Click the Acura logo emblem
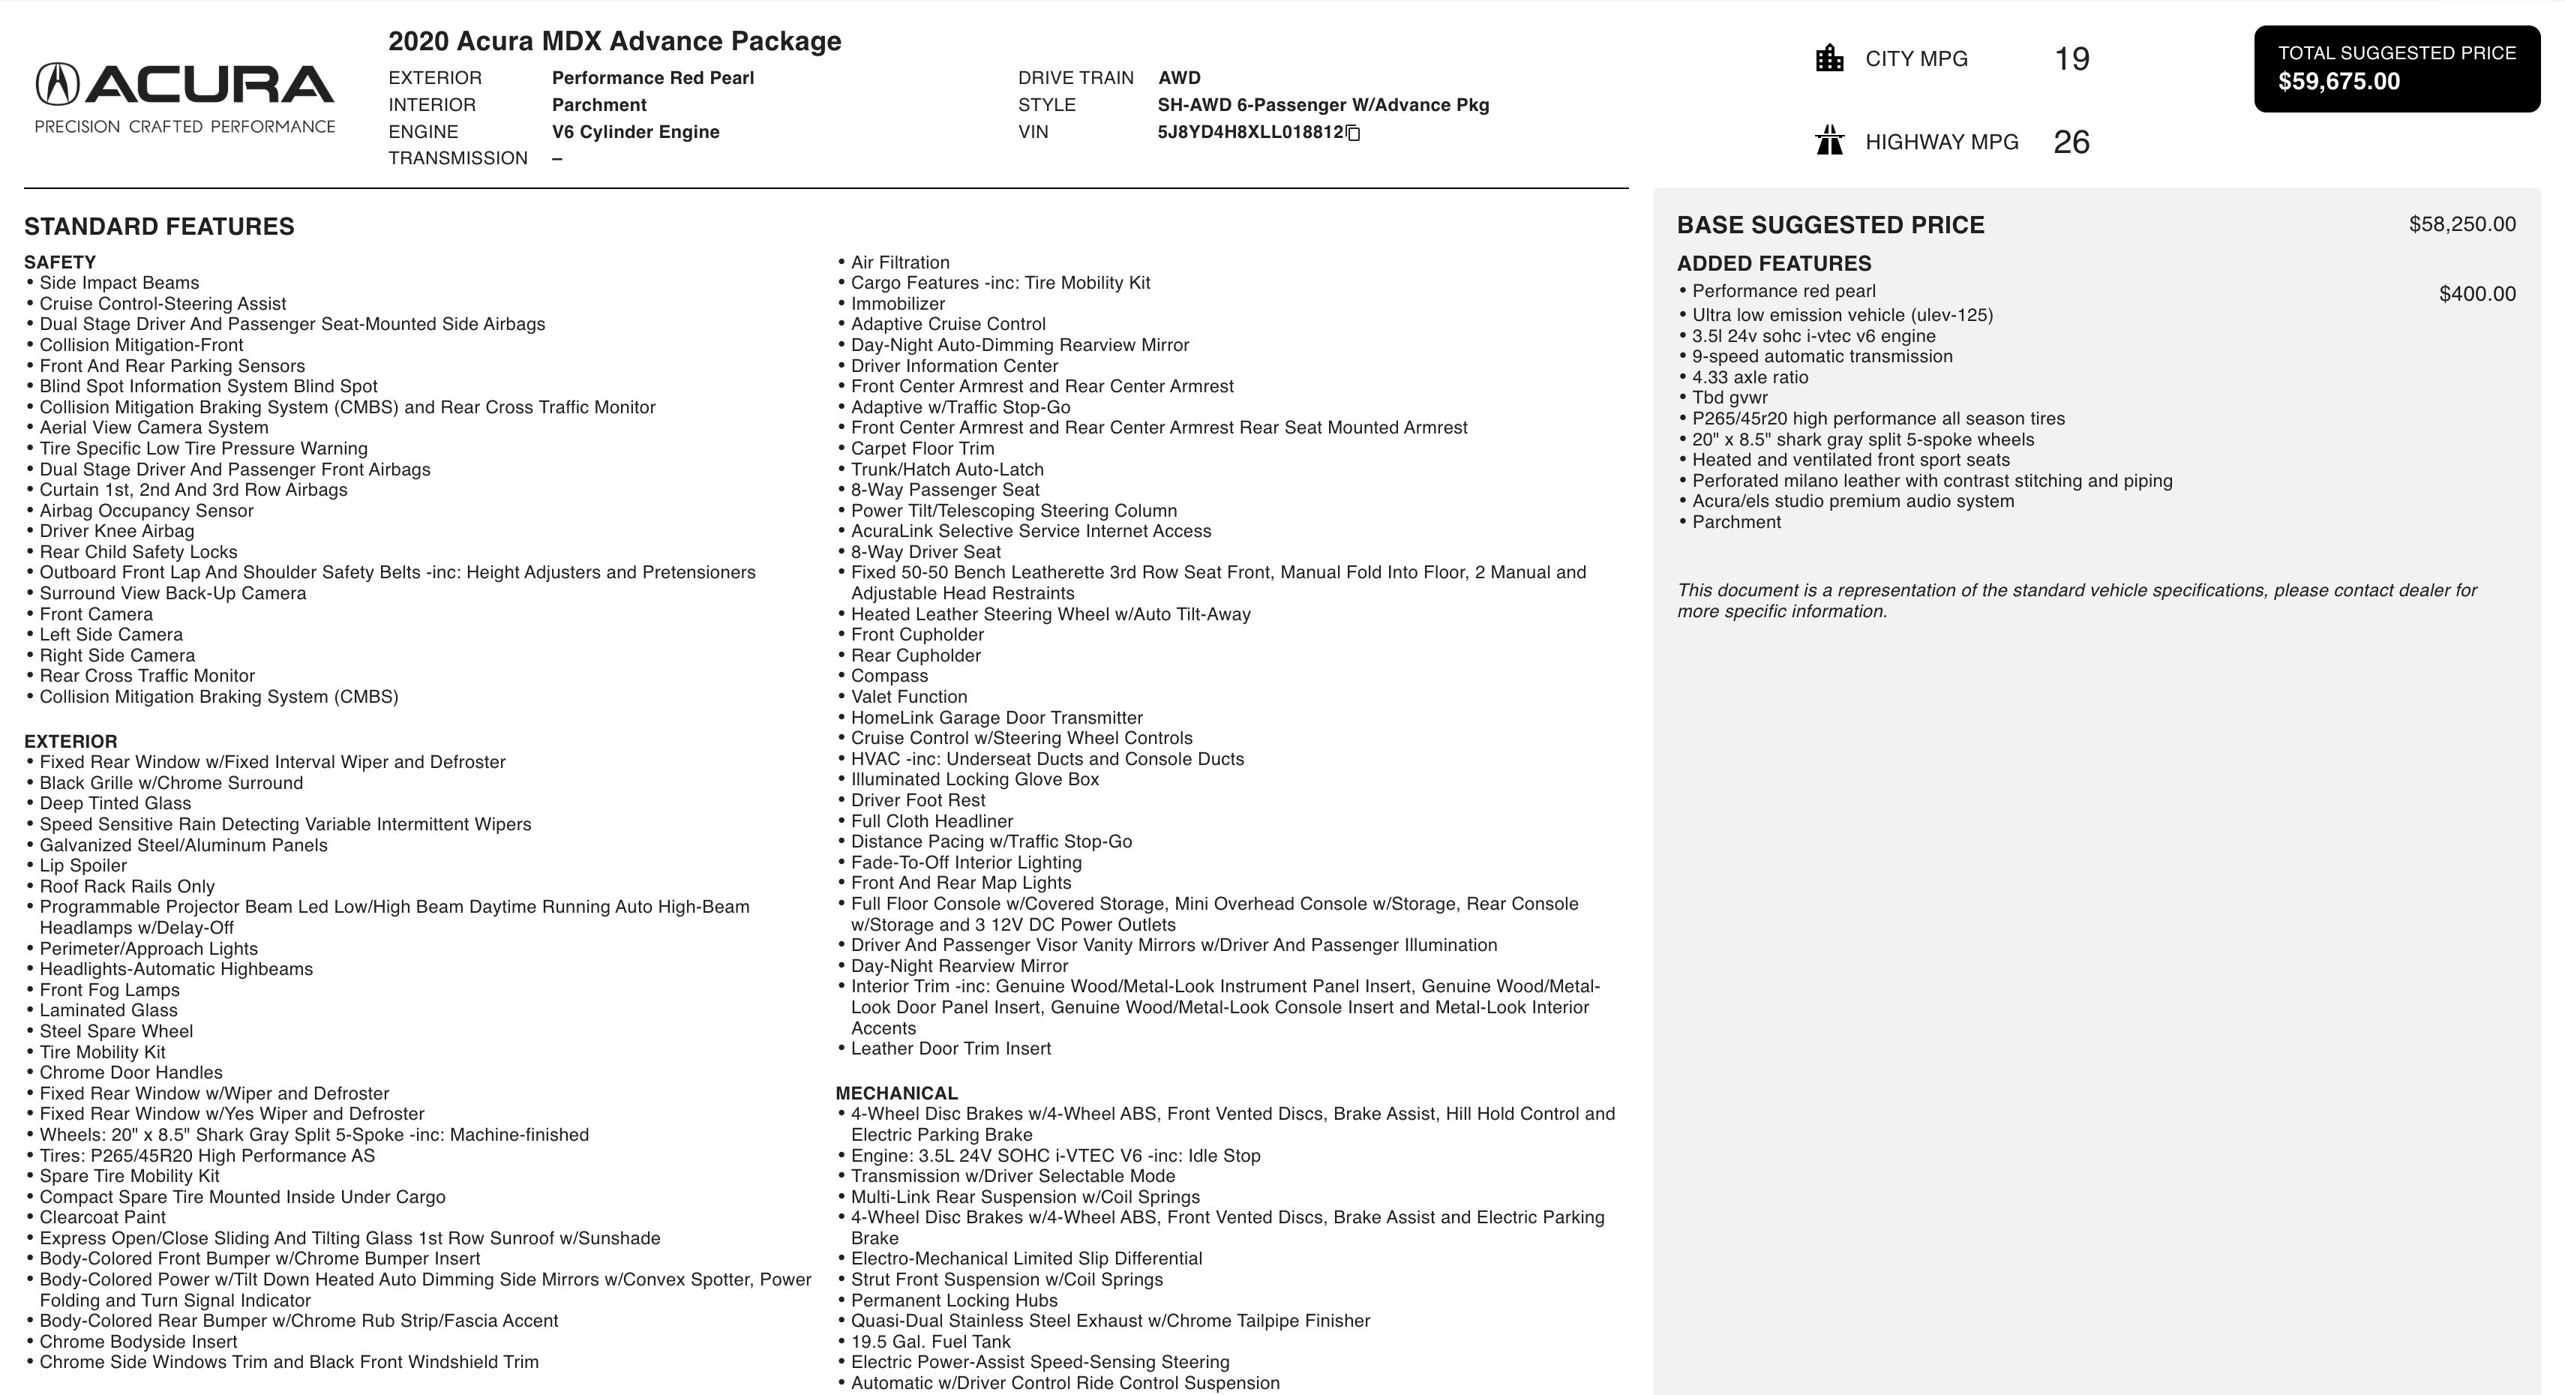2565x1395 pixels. (x=57, y=85)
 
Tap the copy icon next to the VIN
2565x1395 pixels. (x=1353, y=133)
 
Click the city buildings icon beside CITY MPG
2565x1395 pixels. (x=1829, y=58)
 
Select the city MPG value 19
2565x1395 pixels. (x=2071, y=58)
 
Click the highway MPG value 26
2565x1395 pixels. (x=2071, y=142)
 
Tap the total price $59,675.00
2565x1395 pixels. (x=2339, y=82)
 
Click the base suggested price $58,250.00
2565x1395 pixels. (x=2461, y=225)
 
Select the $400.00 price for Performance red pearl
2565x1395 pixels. (x=2476, y=294)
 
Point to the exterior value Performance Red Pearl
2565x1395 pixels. (x=652, y=78)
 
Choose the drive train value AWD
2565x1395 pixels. (x=1179, y=78)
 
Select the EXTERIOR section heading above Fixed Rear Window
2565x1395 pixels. (x=70, y=742)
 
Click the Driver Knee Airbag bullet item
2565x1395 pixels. (x=116, y=531)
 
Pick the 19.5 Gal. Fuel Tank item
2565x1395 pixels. (x=930, y=1341)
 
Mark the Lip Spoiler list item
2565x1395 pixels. (x=82, y=865)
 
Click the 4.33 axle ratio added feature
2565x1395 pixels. (x=1750, y=377)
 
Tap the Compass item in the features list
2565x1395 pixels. (x=889, y=676)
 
